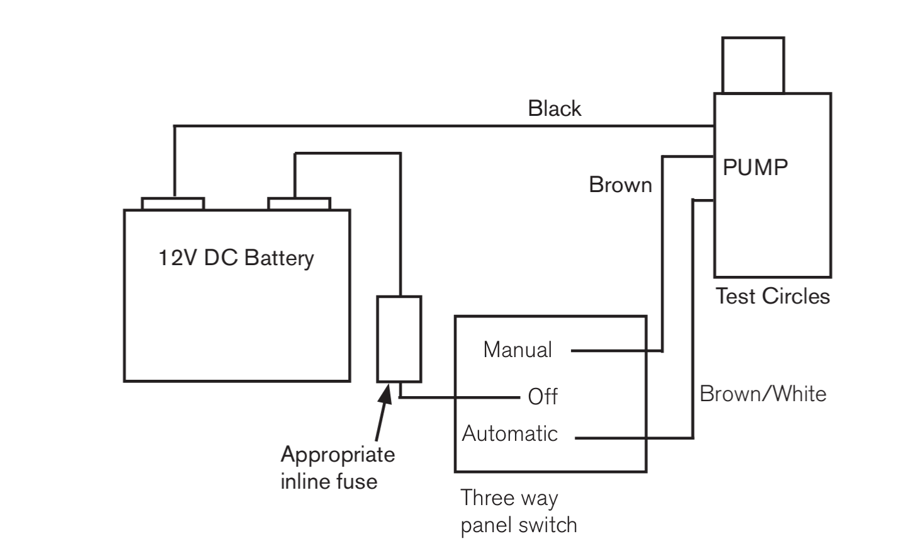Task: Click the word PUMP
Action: (755, 168)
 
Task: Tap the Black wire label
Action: (554, 109)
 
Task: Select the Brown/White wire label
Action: (762, 394)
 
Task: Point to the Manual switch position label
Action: (517, 350)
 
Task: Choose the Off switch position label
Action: (543, 397)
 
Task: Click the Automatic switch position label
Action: (509, 433)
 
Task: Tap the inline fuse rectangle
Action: (399, 339)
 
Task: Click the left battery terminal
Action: (173, 204)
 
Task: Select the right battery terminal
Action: (299, 204)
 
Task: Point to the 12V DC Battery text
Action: (236, 258)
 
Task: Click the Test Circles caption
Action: (773, 296)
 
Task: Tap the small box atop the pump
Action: (753, 65)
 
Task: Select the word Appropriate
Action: (337, 455)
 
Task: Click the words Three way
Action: (509, 499)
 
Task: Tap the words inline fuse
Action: (329, 481)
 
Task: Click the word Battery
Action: (279, 258)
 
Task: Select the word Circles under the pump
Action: (796, 296)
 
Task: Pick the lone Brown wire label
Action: (620, 185)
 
